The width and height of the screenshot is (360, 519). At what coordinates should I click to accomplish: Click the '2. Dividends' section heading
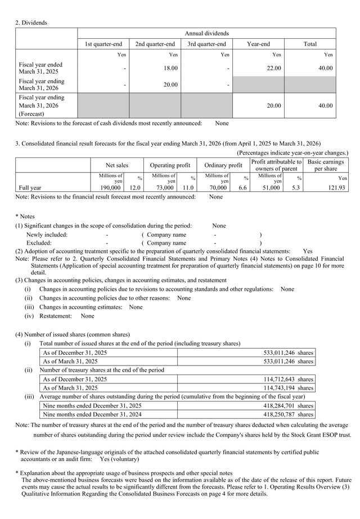[31, 22]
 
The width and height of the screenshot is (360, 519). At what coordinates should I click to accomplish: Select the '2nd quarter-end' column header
[155, 44]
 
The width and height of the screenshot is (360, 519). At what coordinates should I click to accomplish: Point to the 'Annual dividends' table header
[206, 34]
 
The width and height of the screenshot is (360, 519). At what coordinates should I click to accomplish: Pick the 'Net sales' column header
[116, 165]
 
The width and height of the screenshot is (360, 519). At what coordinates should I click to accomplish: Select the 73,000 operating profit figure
[163, 188]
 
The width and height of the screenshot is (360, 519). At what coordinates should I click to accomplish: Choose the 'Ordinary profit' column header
[223, 165]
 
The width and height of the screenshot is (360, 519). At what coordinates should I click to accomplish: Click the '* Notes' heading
[25, 216]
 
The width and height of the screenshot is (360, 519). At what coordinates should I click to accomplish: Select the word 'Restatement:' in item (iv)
[55, 317]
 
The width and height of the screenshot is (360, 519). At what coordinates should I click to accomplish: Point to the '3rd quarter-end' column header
[206, 44]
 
